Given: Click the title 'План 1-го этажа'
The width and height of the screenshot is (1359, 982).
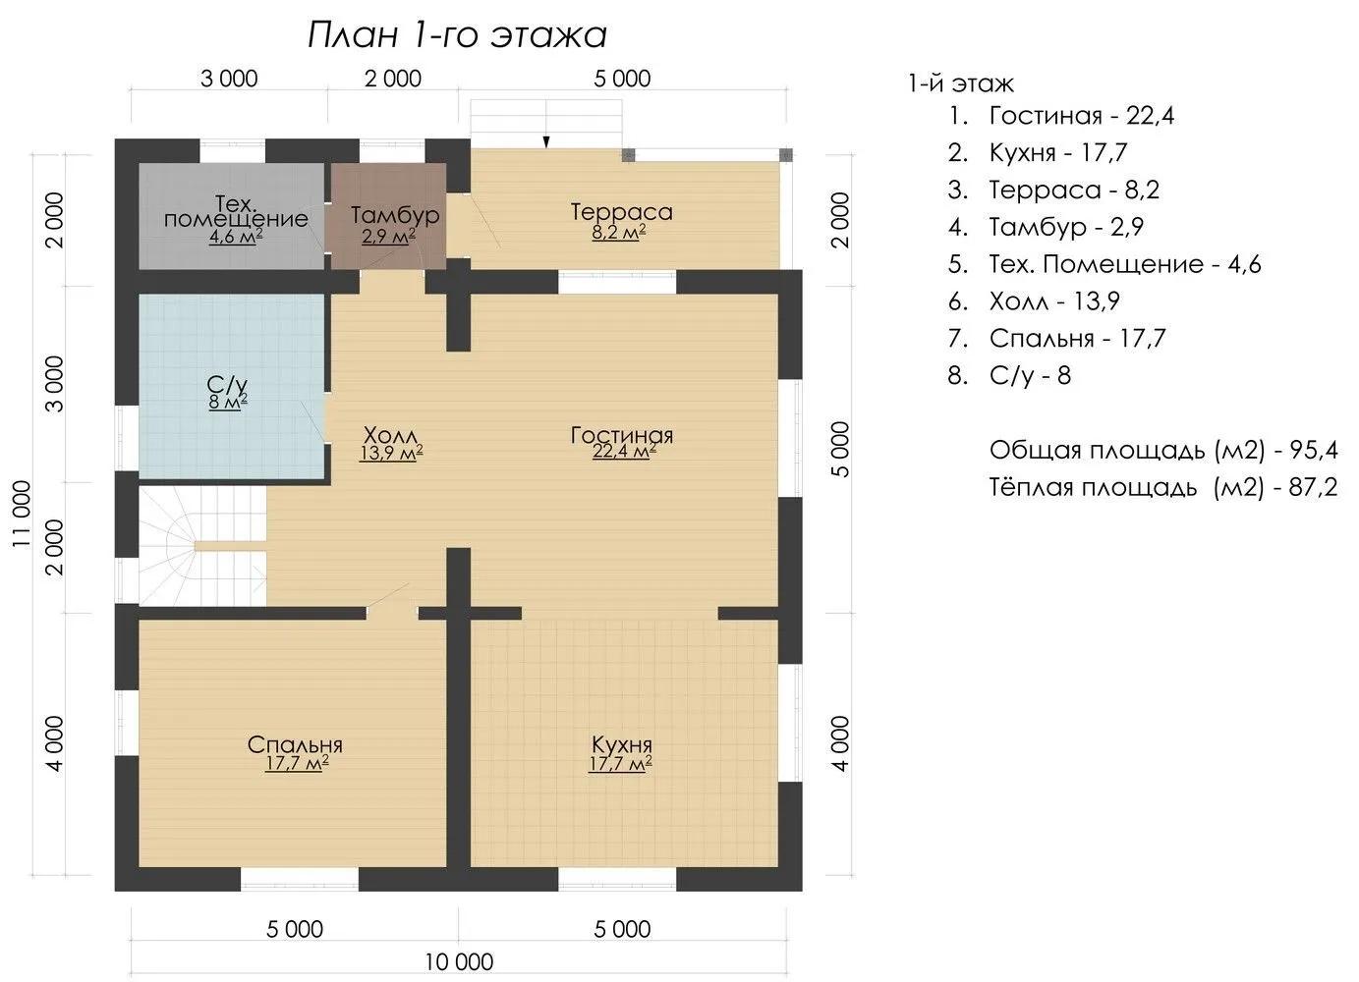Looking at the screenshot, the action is coord(457,35).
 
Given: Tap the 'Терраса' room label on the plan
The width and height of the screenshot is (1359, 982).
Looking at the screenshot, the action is coord(622,212).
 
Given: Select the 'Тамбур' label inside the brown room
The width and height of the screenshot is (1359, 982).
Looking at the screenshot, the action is coord(395,215).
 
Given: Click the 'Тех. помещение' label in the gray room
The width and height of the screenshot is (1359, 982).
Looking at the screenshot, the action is coord(236,210).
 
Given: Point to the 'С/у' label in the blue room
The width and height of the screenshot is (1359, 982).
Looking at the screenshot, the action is coord(228,384).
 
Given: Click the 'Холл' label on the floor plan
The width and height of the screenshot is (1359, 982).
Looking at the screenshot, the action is coord(390,435).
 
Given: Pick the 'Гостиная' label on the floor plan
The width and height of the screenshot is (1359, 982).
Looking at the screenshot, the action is coord(622,435).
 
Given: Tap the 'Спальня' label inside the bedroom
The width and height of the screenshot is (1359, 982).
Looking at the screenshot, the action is coord(295,744).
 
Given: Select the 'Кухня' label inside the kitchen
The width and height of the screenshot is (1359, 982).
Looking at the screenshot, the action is coord(622,743).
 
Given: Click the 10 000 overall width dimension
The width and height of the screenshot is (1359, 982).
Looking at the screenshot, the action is coord(459,961).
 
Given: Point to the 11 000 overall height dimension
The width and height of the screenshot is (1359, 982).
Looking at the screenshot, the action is coord(22,514).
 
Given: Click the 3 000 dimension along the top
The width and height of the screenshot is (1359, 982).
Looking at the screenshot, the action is coord(229,79).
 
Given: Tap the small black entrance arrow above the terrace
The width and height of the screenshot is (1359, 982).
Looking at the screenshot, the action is coord(546,141).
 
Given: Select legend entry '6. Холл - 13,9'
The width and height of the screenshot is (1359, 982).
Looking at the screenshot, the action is coord(1034,301).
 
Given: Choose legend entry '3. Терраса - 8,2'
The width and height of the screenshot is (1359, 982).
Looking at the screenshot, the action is coord(1053,190).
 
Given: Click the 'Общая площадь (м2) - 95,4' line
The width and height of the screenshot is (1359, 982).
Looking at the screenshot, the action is coord(1163,451).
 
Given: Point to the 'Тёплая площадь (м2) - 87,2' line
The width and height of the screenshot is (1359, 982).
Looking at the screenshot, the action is coord(1163,487).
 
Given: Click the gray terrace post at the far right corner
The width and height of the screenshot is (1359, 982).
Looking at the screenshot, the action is coord(786,154).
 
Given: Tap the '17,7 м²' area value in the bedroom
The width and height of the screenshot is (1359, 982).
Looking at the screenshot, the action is coord(297,763).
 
